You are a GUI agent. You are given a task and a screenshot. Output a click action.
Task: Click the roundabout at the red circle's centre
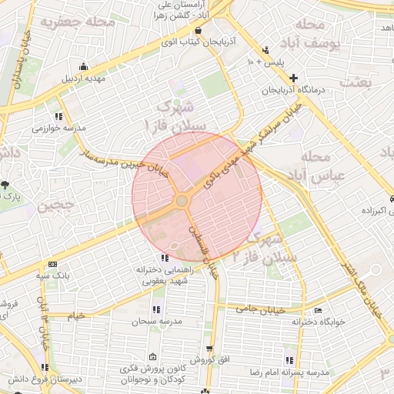182,201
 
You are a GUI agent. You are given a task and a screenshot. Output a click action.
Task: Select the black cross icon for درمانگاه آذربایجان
292,78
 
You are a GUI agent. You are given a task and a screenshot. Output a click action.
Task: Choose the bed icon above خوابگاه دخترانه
319,310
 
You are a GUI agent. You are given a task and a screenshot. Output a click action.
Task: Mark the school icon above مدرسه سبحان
156,309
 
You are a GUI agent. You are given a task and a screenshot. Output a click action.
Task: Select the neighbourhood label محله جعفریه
82,23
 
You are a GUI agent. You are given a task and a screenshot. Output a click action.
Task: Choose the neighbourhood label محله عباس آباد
317,166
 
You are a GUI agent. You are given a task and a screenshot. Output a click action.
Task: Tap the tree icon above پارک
5,185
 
